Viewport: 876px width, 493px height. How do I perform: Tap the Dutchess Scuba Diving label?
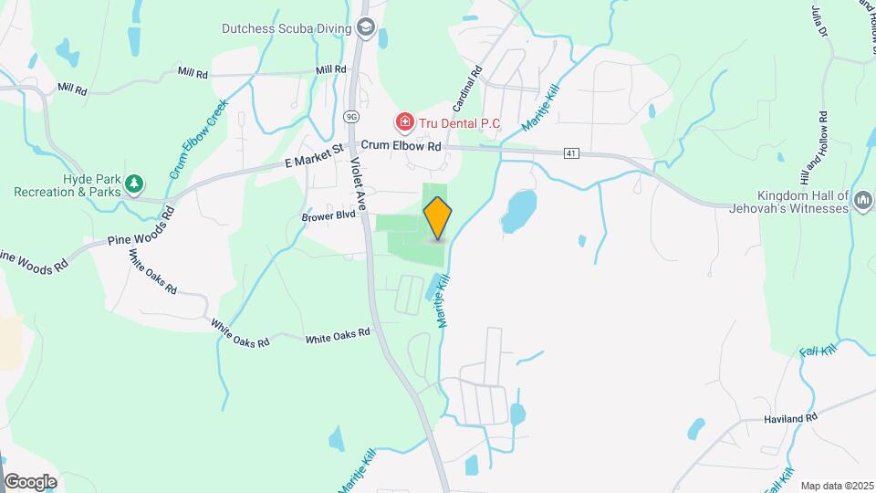click(287, 28)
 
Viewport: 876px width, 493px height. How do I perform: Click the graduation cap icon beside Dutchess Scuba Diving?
click(366, 27)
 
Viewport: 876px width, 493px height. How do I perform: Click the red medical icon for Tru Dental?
click(403, 121)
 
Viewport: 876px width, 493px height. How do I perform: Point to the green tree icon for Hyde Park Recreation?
click(134, 184)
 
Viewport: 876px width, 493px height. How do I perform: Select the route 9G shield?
click(350, 117)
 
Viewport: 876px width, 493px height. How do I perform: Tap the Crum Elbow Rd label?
click(401, 146)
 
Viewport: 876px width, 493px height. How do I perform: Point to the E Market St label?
click(313, 162)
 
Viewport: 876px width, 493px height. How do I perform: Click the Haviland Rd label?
click(790, 418)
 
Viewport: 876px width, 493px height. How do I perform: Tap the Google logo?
click(29, 481)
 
